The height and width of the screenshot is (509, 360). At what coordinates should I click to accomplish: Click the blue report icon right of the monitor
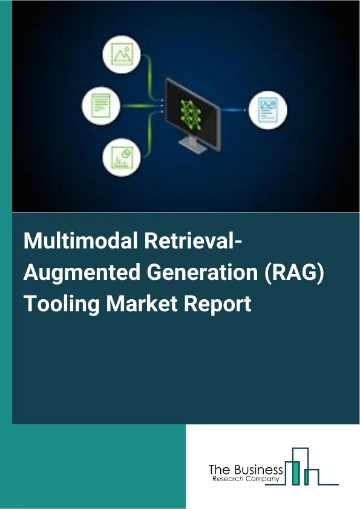(267, 109)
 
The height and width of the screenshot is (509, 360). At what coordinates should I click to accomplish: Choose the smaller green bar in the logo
(306, 478)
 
